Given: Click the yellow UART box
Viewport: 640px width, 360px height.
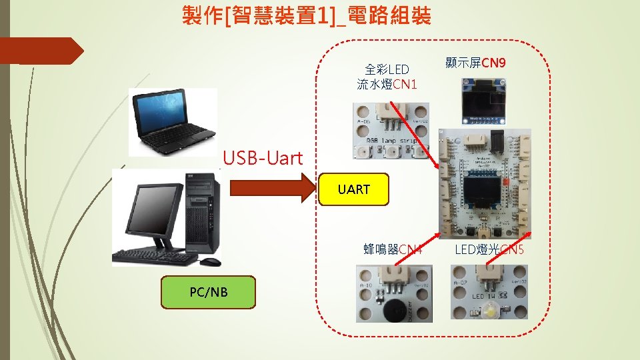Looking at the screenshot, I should pos(353,189).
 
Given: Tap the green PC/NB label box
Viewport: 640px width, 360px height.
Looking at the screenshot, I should pos(208,292).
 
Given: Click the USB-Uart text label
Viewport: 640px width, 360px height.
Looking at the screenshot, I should pos(263,159).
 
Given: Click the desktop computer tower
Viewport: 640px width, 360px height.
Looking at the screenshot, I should pos(203,213).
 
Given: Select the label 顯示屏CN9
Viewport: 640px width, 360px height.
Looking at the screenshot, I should pos(475,63).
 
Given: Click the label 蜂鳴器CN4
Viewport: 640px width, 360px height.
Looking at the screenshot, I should pos(393,250).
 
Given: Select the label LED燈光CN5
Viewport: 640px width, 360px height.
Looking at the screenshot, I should pos(489,250).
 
